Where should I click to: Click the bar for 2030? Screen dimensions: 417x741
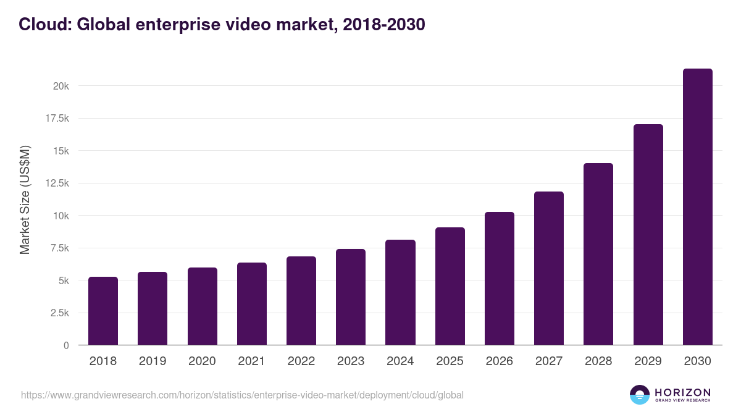pos(697,207)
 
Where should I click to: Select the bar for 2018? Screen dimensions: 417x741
pos(103,311)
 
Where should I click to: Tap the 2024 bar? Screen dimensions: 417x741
pos(400,292)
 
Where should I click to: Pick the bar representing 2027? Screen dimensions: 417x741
pos(549,268)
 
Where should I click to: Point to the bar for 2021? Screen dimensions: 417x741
pos(252,304)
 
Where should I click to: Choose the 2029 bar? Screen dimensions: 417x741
pos(648,235)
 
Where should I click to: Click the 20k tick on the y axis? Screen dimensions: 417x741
pos(61,86)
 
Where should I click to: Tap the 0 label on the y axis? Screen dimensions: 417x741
pos(66,345)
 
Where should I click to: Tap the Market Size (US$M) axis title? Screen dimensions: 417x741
pos(25,199)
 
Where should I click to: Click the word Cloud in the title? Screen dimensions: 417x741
pos(44,24)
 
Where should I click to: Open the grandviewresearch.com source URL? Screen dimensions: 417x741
pos(242,395)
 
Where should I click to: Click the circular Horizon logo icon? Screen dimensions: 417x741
pos(640,395)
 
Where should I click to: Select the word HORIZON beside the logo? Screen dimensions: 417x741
pos(682,392)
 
